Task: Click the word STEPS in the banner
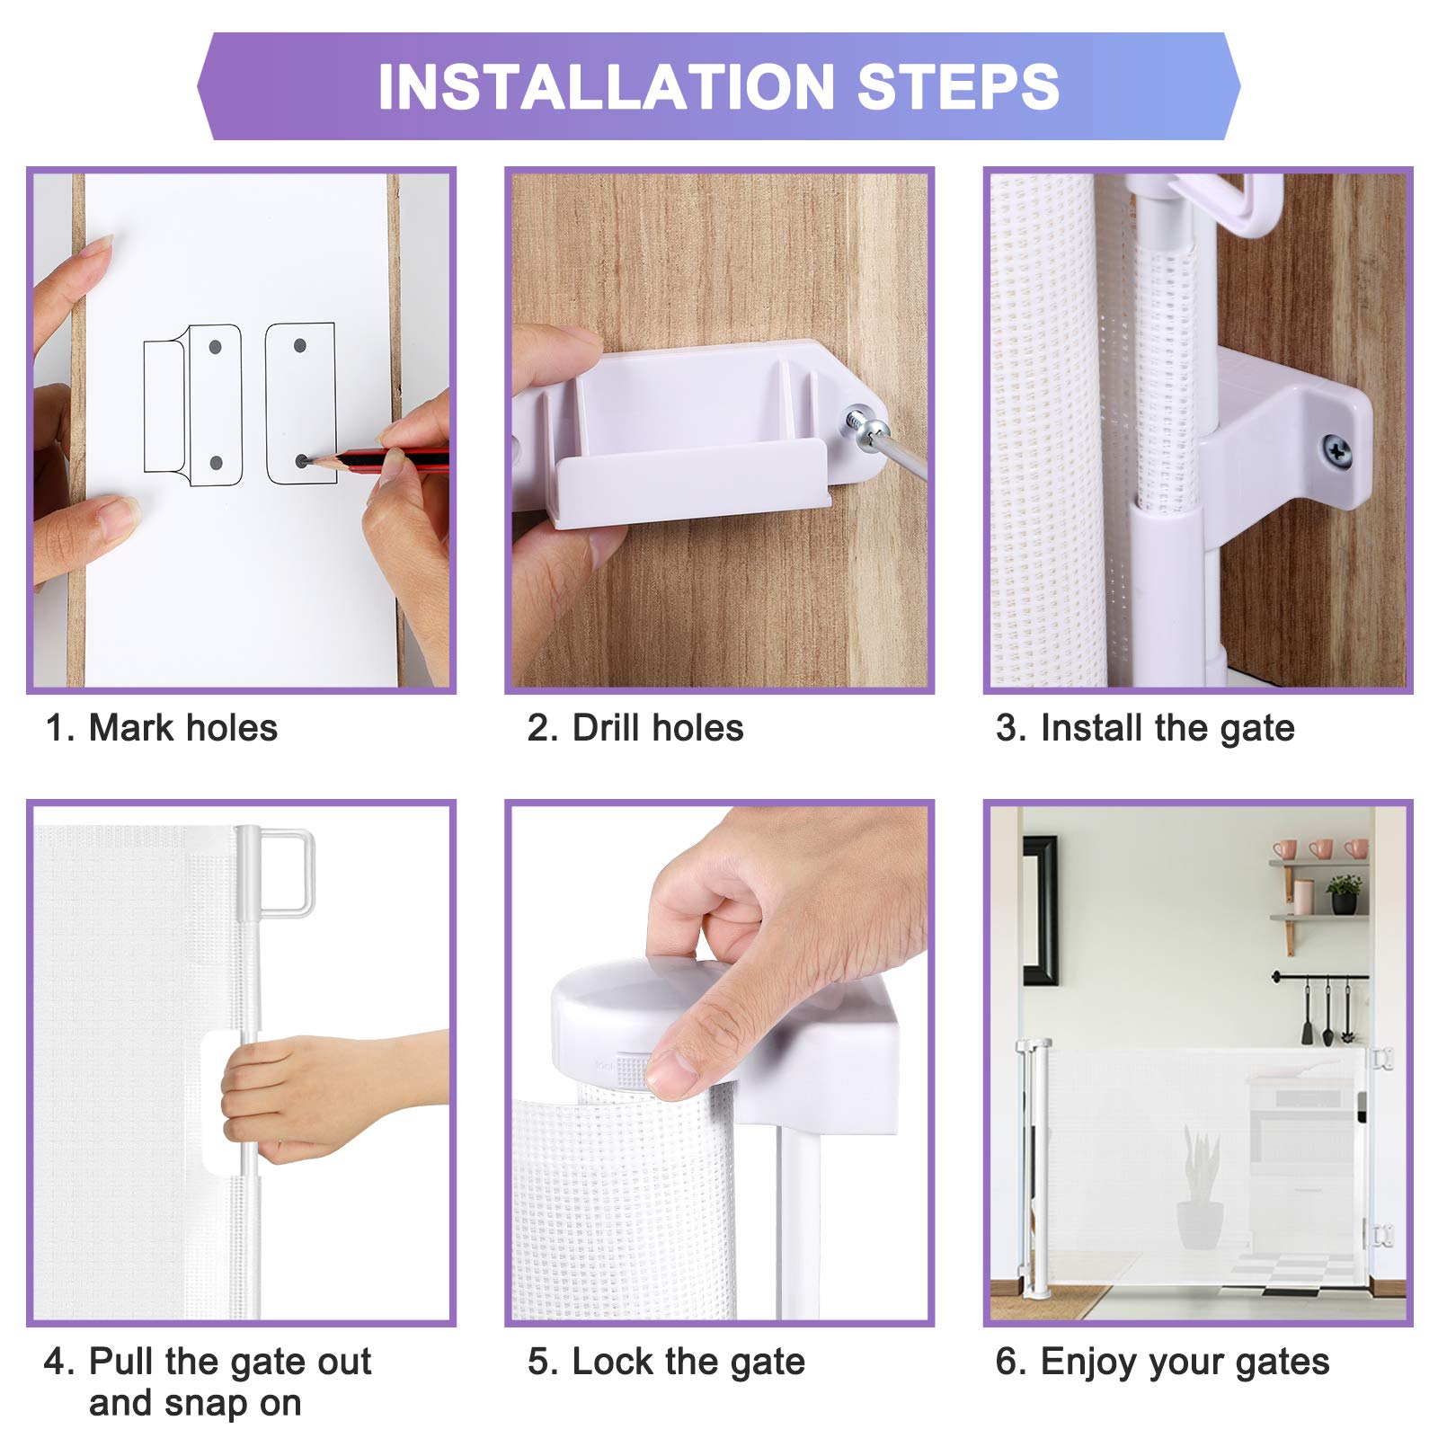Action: pyautogui.click(x=958, y=87)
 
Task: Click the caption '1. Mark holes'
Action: pyautogui.click(x=162, y=728)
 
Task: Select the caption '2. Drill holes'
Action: pyautogui.click(x=635, y=728)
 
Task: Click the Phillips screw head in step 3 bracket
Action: pyautogui.click(x=1337, y=450)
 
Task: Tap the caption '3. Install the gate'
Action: pyautogui.click(x=1145, y=728)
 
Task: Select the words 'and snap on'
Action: pyautogui.click(x=195, y=1403)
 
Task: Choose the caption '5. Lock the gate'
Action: pyautogui.click(x=666, y=1362)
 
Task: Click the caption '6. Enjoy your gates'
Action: pyautogui.click(x=1162, y=1362)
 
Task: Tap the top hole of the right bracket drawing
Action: pyautogui.click(x=300, y=345)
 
